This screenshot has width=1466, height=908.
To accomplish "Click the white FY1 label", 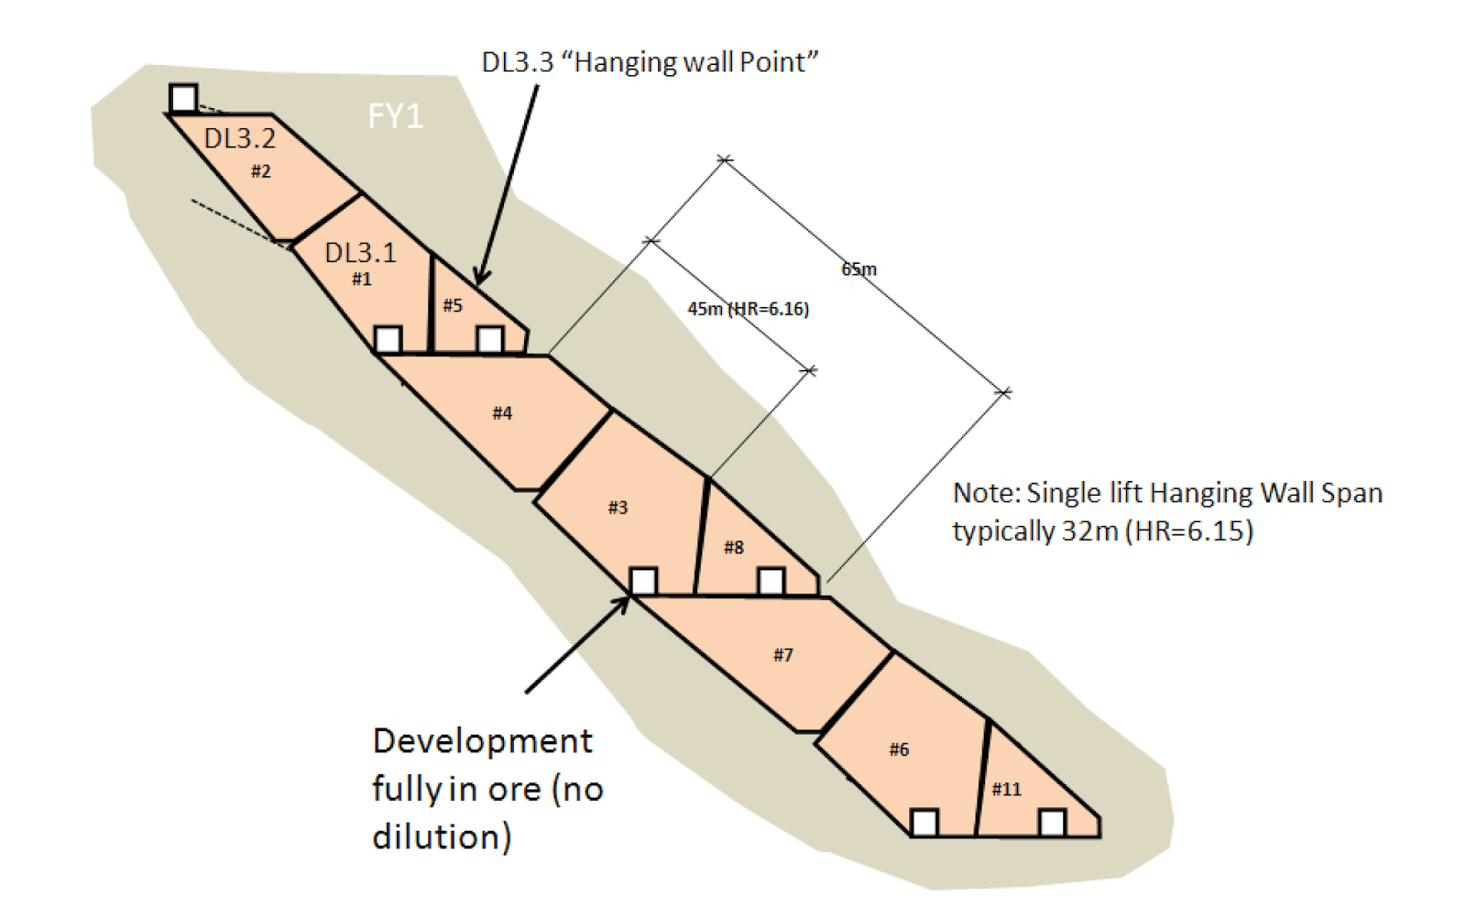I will [x=395, y=116].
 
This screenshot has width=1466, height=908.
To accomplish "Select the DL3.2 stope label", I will [x=239, y=138].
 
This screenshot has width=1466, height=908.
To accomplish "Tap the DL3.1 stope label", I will [x=360, y=253].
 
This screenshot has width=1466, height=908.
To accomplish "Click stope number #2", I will [x=261, y=171].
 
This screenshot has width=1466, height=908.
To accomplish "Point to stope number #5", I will [x=453, y=305].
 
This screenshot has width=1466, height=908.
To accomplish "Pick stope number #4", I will [x=502, y=413].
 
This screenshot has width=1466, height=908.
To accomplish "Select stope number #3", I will [x=618, y=508].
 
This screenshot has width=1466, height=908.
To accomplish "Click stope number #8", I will [x=733, y=547].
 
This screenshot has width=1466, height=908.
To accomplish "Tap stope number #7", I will [x=782, y=654].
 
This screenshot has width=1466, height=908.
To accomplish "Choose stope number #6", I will [x=899, y=749].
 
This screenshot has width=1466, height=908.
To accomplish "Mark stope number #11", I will [x=1006, y=789].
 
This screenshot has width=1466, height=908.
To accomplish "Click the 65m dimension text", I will [x=859, y=268].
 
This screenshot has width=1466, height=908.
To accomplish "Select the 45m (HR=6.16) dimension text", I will [x=748, y=309].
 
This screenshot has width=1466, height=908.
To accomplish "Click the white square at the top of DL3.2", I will [x=183, y=98].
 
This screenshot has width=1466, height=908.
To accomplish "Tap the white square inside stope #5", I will [x=490, y=340].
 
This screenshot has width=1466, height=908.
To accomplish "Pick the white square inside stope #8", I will [x=771, y=581].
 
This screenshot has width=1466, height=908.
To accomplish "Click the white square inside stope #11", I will [x=1052, y=823].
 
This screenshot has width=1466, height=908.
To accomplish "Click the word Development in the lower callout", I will [x=482, y=740].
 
